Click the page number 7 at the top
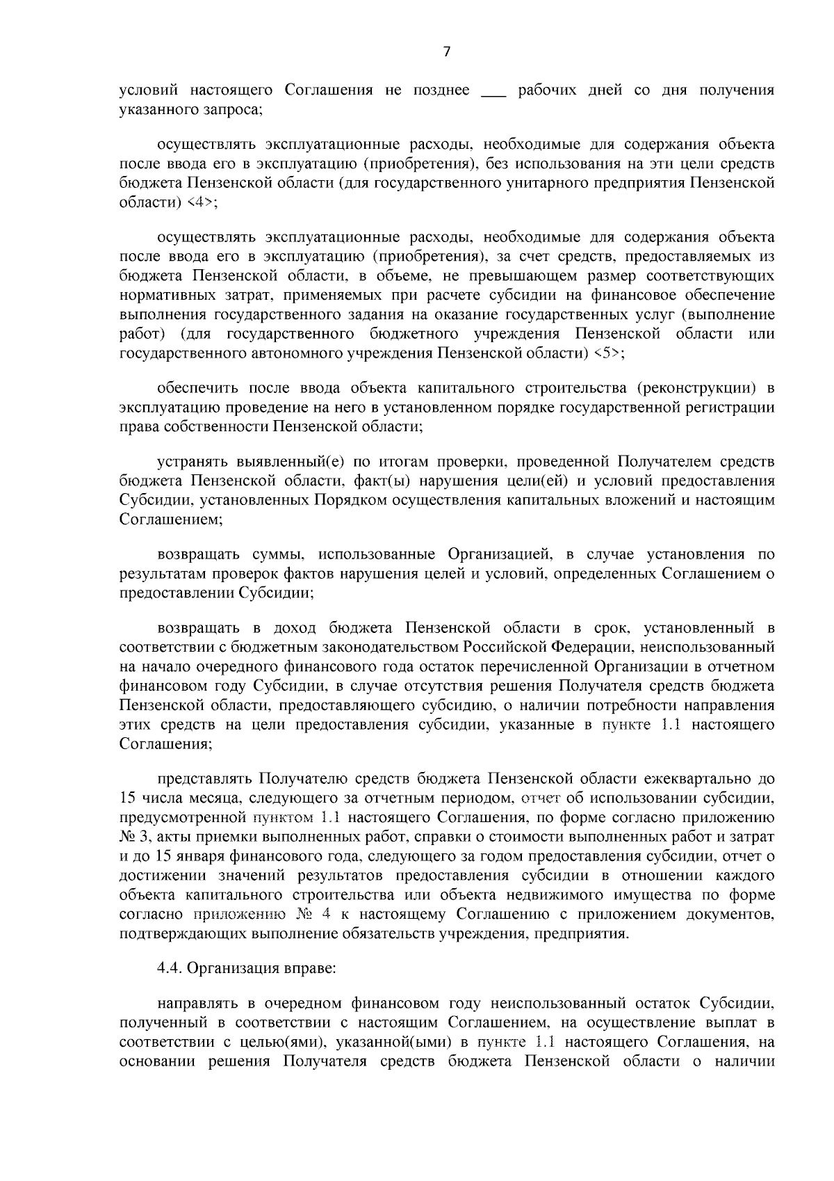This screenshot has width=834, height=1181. point(447,51)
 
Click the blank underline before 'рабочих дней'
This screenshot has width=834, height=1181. point(494,91)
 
